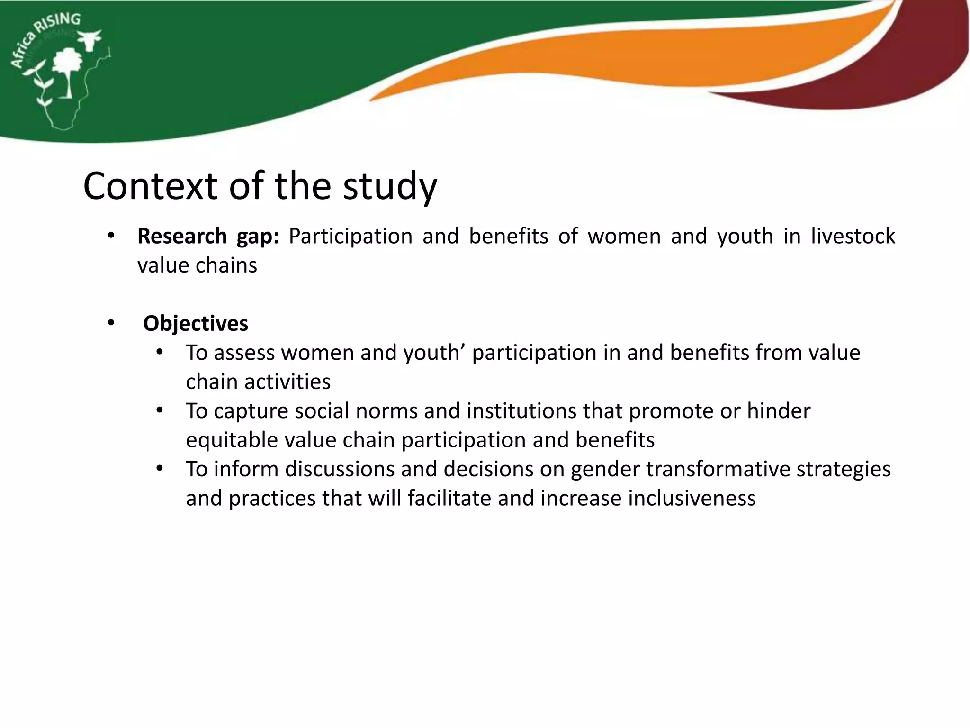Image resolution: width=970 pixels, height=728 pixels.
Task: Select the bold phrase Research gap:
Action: [x=208, y=236]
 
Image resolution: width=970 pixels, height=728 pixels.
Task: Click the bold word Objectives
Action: [x=196, y=324]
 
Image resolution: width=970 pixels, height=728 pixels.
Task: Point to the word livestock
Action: [x=853, y=236]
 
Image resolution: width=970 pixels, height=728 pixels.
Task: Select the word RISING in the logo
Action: [x=60, y=24]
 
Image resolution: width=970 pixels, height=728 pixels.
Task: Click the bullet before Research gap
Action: [x=111, y=236]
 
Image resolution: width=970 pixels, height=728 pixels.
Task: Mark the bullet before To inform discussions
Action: [x=160, y=469]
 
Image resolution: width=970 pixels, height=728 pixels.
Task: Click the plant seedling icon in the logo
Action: [x=42, y=85]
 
